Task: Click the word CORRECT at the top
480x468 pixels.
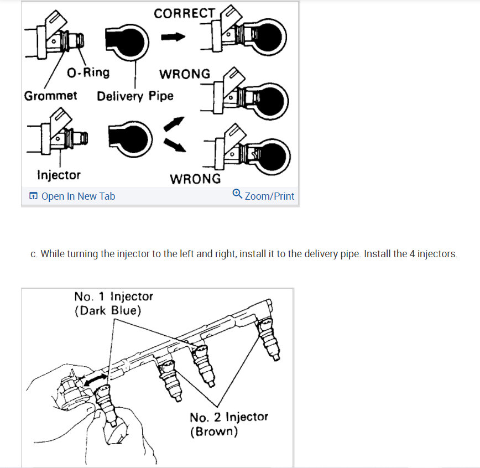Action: pos(184,13)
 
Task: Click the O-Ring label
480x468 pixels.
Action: pos(88,72)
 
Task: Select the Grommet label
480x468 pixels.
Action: pos(51,96)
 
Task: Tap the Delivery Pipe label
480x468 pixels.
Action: pos(135,96)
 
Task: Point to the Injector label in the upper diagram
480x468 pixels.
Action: pos(59,175)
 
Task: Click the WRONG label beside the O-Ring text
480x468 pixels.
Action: pos(185,74)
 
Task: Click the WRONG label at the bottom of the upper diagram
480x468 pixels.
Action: pos(195,179)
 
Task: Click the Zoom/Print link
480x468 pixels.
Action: pos(269,196)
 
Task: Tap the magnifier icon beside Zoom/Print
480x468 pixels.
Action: pos(237,194)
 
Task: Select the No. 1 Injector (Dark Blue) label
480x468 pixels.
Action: pos(113,303)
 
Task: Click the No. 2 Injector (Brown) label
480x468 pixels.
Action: pos(228,424)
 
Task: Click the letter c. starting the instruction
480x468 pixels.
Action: pos(34,254)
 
